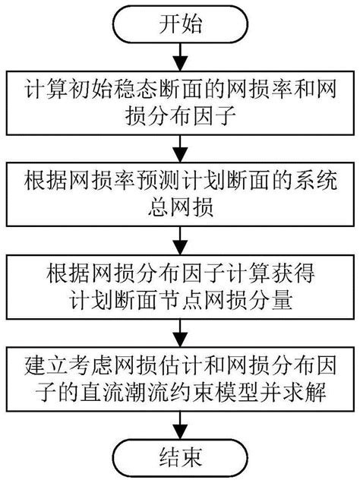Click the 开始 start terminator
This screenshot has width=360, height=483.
pos(180,24)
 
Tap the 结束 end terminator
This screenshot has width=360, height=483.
pos(180,457)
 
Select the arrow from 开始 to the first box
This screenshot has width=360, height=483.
pos(180,57)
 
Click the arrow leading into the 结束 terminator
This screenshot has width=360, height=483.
pos(180,425)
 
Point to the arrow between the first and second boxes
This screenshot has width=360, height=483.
pos(180,149)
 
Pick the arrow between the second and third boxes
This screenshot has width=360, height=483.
pos(180,241)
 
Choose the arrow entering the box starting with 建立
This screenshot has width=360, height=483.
pos(180,333)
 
